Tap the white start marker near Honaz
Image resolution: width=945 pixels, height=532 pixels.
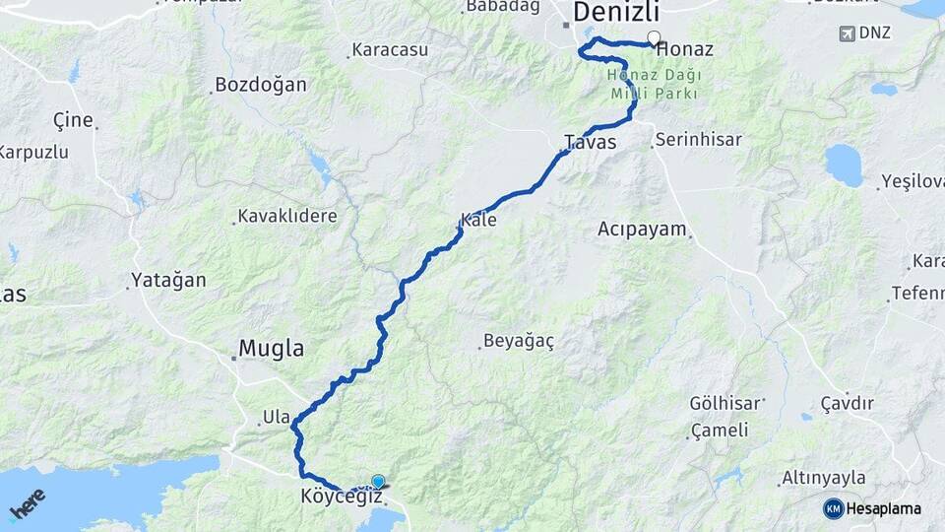[654, 38]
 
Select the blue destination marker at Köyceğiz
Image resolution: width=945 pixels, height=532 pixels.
[378, 481]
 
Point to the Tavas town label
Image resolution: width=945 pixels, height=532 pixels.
[591, 143]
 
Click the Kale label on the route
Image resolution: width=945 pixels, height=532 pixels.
[478, 221]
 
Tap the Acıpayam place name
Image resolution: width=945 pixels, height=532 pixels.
[642, 230]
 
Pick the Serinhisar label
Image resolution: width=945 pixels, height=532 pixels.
[698, 140]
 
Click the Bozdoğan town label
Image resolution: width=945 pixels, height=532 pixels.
[261, 85]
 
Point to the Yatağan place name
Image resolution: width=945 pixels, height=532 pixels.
[168, 281]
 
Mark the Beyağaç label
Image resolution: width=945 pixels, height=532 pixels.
[518, 342]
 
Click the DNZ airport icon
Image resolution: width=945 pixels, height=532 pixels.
[848, 33]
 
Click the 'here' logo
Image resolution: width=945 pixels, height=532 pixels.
[27, 503]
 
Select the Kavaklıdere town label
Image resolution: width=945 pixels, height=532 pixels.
[287, 216]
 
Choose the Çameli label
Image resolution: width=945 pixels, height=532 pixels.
[720, 431]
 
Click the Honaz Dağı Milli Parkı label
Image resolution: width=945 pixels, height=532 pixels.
[652, 84]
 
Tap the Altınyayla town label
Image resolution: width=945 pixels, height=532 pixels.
[823, 478]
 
